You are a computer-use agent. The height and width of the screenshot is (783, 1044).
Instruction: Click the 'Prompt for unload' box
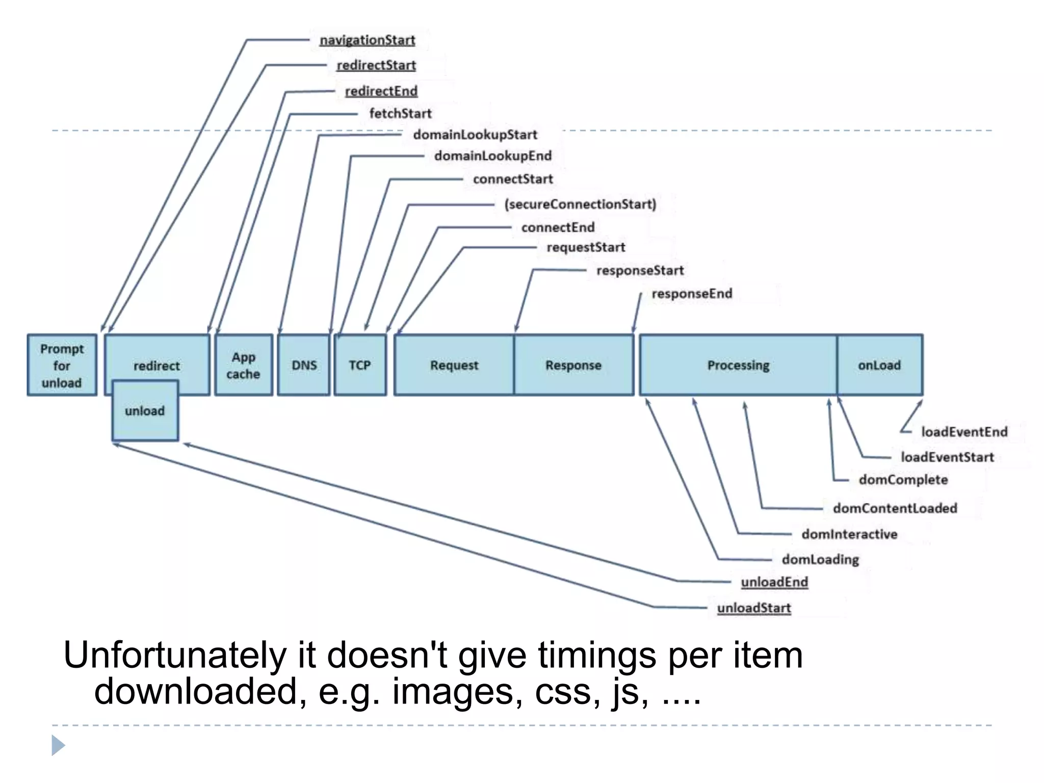(62, 365)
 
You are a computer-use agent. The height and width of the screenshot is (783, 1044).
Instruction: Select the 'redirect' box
(157, 357)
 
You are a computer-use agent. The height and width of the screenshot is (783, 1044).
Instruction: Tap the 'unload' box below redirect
(145, 411)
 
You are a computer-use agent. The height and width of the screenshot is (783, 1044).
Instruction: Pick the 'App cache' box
(244, 365)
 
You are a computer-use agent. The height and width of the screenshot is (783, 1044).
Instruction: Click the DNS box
(304, 365)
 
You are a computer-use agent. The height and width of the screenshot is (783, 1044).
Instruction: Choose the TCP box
(360, 365)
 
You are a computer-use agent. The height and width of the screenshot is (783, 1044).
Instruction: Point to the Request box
(454, 365)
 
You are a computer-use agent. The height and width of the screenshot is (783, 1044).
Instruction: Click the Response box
(573, 365)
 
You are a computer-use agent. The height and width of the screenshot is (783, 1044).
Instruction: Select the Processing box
(738, 365)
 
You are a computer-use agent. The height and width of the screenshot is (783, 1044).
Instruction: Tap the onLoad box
(879, 365)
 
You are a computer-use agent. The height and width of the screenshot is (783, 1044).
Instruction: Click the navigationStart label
(367, 40)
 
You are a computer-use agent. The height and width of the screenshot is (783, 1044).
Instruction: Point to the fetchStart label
(400, 113)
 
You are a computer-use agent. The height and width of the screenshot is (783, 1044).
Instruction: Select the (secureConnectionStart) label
(580, 204)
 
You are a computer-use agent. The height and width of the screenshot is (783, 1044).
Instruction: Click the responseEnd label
(692, 294)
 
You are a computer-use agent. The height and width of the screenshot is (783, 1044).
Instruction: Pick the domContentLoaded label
(895, 508)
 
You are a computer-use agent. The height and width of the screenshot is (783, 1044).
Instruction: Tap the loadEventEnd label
(964, 432)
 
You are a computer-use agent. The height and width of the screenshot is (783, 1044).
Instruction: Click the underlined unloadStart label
(754, 608)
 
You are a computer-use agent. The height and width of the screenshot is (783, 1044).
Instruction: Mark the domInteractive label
(849, 534)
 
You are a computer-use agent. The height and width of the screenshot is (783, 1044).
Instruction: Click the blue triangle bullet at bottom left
(58, 745)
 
